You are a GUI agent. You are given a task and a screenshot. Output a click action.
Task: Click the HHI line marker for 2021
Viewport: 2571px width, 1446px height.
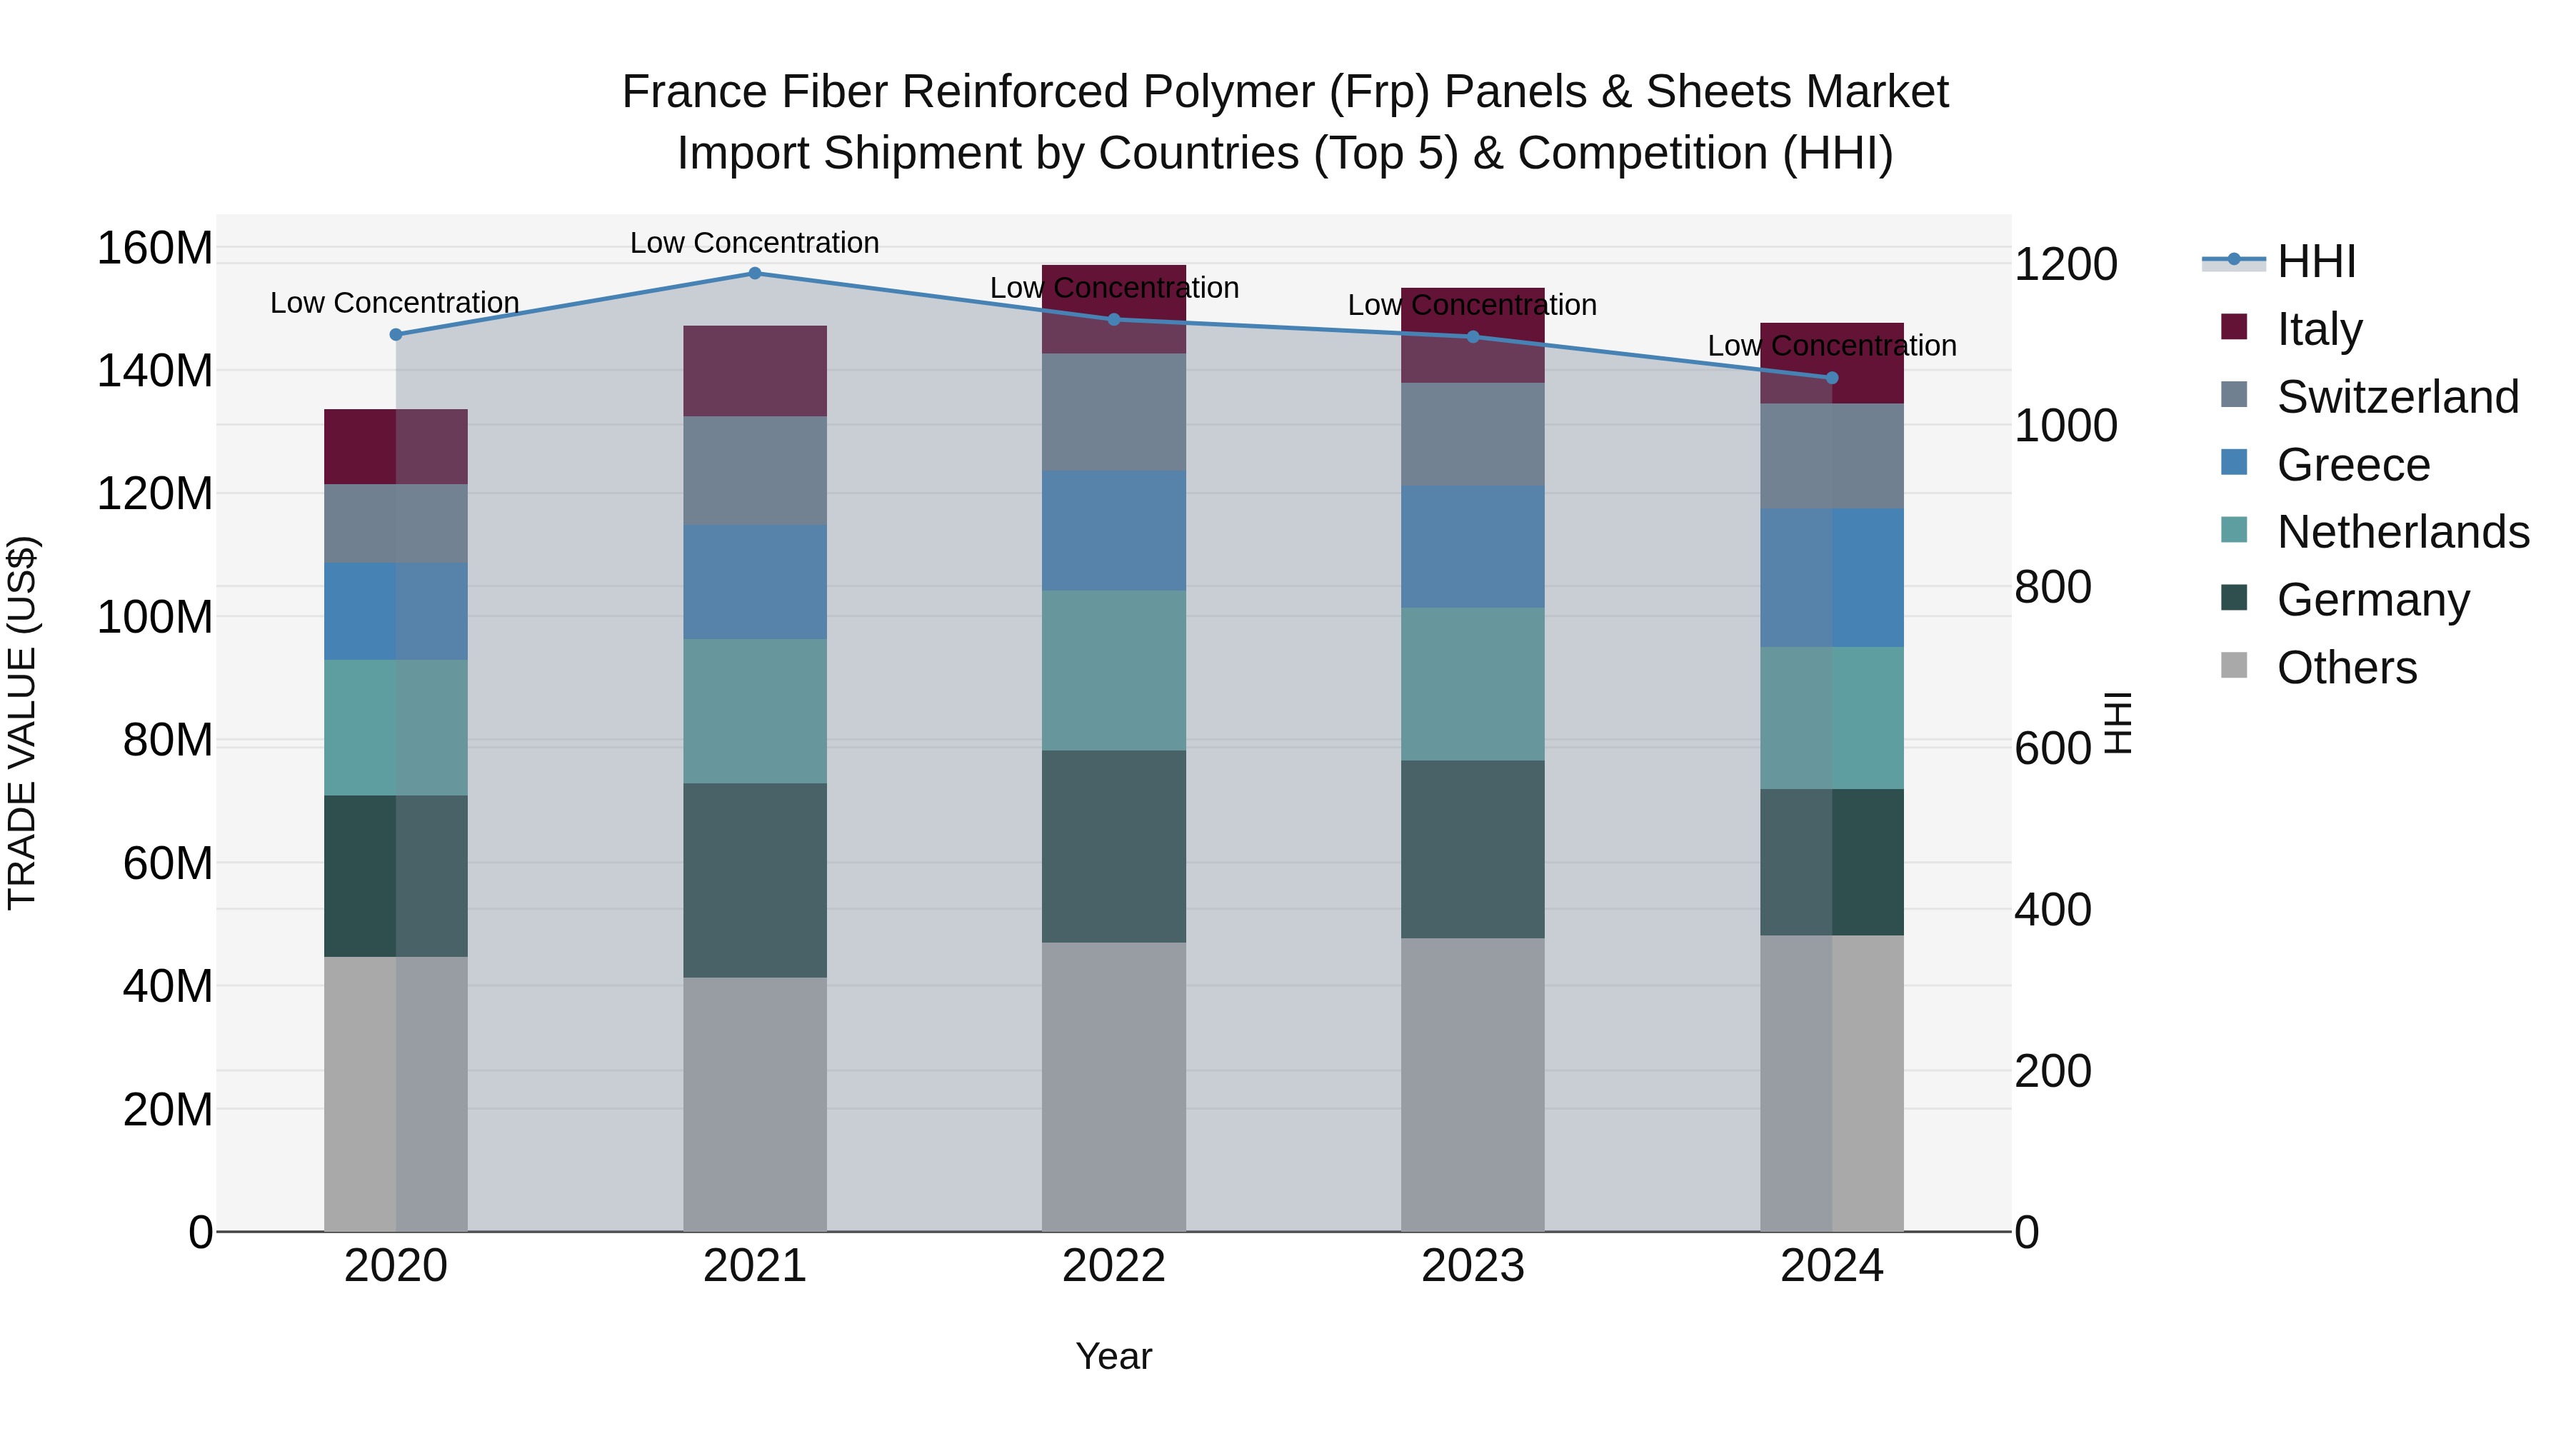[755, 273]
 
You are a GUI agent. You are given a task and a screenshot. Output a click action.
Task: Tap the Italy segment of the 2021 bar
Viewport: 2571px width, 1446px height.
[755, 371]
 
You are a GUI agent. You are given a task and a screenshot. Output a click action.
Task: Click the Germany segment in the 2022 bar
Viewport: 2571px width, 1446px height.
[1114, 846]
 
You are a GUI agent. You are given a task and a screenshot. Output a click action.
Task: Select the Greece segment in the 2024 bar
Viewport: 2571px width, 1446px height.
[1831, 578]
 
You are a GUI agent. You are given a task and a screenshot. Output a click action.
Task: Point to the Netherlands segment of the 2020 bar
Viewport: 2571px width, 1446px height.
[396, 728]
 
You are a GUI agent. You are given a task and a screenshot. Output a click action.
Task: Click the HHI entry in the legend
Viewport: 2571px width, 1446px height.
[2315, 261]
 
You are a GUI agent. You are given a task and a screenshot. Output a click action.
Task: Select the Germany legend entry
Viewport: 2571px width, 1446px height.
[2372, 600]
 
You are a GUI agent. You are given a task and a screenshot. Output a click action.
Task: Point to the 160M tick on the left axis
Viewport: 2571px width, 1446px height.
[155, 248]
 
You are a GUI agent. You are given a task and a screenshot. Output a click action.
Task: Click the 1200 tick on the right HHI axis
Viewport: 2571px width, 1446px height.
[2065, 264]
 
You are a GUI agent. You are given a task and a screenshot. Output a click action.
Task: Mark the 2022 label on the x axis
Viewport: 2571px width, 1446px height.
[1114, 1266]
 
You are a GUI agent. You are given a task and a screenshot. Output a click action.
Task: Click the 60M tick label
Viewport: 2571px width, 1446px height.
[168, 863]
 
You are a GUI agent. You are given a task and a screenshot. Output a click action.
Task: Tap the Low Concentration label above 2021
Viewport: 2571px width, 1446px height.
[755, 243]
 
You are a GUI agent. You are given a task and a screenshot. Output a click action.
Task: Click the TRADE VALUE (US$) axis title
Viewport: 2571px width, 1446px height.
[22, 723]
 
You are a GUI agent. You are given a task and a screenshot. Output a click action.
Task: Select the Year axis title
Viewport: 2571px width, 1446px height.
[1114, 1356]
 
